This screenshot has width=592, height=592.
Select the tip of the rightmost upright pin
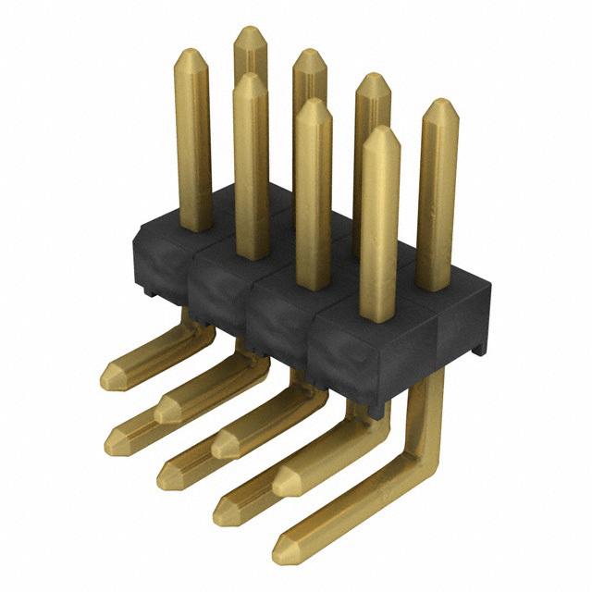pyautogui.click(x=440, y=105)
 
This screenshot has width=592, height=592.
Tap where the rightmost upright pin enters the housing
pyautogui.click(x=436, y=283)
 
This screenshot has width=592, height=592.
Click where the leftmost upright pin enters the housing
pyautogui.click(x=194, y=226)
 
